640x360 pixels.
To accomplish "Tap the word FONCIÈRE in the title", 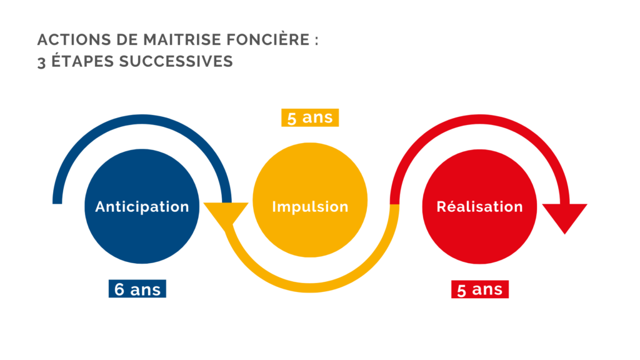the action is (x=268, y=39).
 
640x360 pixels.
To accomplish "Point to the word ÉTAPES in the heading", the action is (x=82, y=61).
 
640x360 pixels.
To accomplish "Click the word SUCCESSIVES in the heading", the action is (x=176, y=62).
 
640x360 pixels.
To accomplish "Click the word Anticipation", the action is (x=142, y=207).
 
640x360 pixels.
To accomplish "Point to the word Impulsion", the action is (x=310, y=207).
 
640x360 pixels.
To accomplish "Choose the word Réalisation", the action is (x=479, y=206).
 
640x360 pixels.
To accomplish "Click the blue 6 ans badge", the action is (x=137, y=289).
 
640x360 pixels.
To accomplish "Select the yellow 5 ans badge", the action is (x=310, y=117).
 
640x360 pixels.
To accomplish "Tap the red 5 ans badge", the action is (x=479, y=289).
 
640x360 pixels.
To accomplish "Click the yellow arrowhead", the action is (x=226, y=213).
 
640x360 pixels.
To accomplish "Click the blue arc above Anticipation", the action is (x=142, y=119).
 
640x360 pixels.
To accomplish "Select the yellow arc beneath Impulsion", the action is (x=310, y=287).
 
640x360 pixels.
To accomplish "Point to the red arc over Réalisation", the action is (x=479, y=119).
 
